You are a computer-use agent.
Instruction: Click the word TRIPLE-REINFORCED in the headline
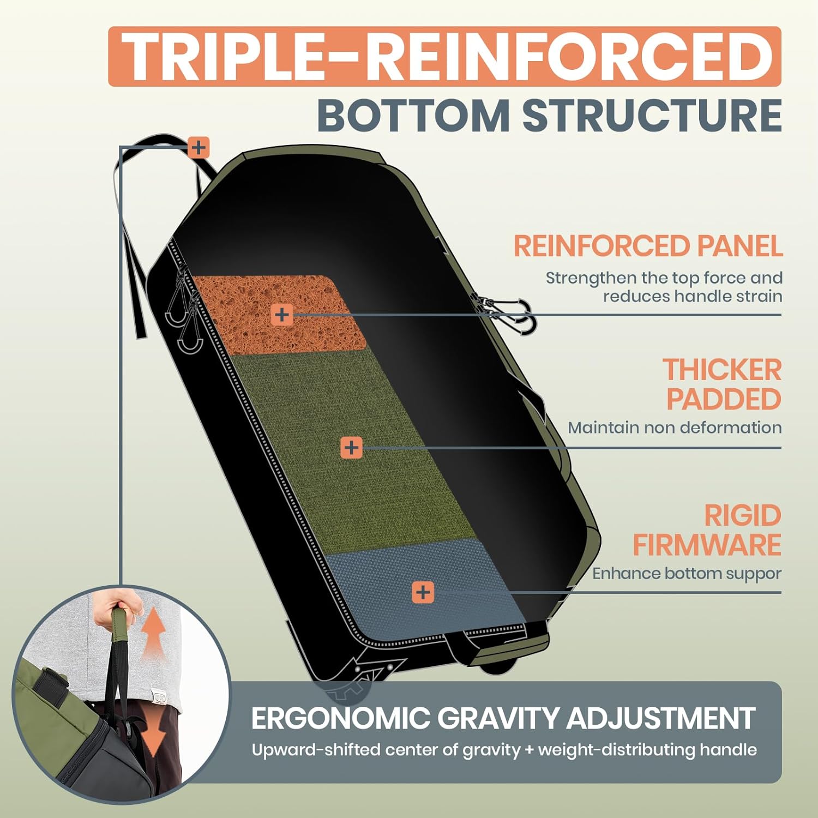[x=444, y=56]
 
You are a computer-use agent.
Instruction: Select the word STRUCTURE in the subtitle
[x=652, y=115]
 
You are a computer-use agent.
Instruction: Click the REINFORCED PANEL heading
[x=648, y=246]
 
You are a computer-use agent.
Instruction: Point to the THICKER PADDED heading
[x=723, y=384]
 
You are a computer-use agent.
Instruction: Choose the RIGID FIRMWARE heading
[x=707, y=530]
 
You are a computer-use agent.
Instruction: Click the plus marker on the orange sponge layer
[x=281, y=315]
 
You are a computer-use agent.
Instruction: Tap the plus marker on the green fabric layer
[x=351, y=448]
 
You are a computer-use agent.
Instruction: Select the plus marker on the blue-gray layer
[x=423, y=592]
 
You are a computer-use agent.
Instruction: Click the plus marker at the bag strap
[x=199, y=147]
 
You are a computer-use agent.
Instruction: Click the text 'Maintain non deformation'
[x=675, y=428]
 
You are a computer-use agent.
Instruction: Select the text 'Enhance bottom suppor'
[x=687, y=574]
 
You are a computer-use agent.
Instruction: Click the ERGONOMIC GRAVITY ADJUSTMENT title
[x=503, y=718]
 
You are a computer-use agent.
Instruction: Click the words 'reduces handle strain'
[x=692, y=296]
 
